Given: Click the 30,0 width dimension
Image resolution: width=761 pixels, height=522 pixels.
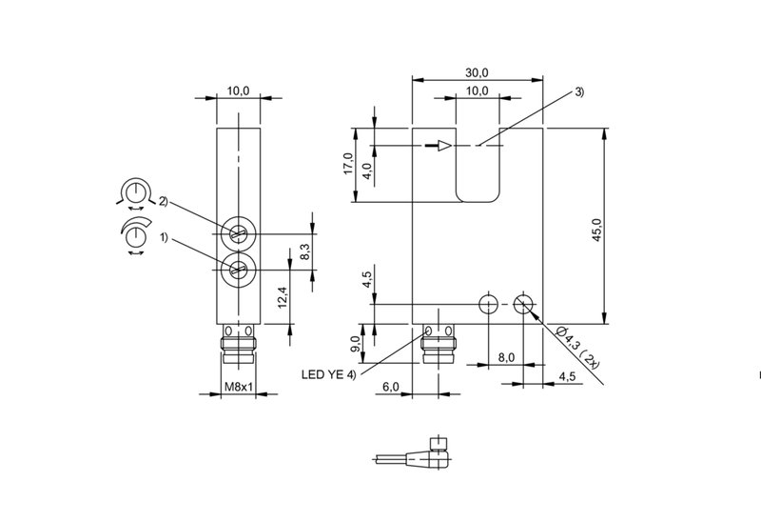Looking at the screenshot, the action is click(x=477, y=73).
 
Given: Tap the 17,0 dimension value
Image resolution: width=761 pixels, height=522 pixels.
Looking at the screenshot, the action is click(x=348, y=163).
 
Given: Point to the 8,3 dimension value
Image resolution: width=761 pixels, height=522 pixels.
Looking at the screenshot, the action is click(x=304, y=251).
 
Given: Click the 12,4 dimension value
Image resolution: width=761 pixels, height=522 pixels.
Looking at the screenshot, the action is click(x=283, y=297).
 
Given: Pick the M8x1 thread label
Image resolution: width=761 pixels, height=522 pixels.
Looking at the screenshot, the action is click(x=239, y=387).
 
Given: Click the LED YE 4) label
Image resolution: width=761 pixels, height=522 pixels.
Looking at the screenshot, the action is click(x=328, y=374).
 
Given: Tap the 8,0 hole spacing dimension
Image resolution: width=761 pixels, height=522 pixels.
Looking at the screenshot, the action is click(x=506, y=358).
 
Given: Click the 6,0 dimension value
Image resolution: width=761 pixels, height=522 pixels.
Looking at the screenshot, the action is click(x=391, y=387).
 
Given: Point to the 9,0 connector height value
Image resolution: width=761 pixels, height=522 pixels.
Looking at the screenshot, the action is click(x=355, y=344).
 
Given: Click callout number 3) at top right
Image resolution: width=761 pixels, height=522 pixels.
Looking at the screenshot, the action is click(x=579, y=91).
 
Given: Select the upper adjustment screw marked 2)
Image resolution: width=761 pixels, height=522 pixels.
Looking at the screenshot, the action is click(x=239, y=234).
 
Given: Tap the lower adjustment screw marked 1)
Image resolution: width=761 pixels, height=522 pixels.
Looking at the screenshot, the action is click(x=239, y=270).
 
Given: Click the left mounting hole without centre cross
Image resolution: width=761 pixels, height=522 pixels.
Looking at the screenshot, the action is click(x=488, y=304).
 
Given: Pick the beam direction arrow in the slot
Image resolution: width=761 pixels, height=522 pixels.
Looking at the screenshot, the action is click(x=439, y=146).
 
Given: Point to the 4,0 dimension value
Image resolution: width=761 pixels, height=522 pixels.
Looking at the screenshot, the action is click(x=367, y=171).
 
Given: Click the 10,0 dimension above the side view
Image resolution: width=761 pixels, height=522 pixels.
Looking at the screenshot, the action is click(x=239, y=90).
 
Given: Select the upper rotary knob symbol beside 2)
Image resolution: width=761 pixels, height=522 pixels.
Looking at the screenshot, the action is click(x=135, y=193).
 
